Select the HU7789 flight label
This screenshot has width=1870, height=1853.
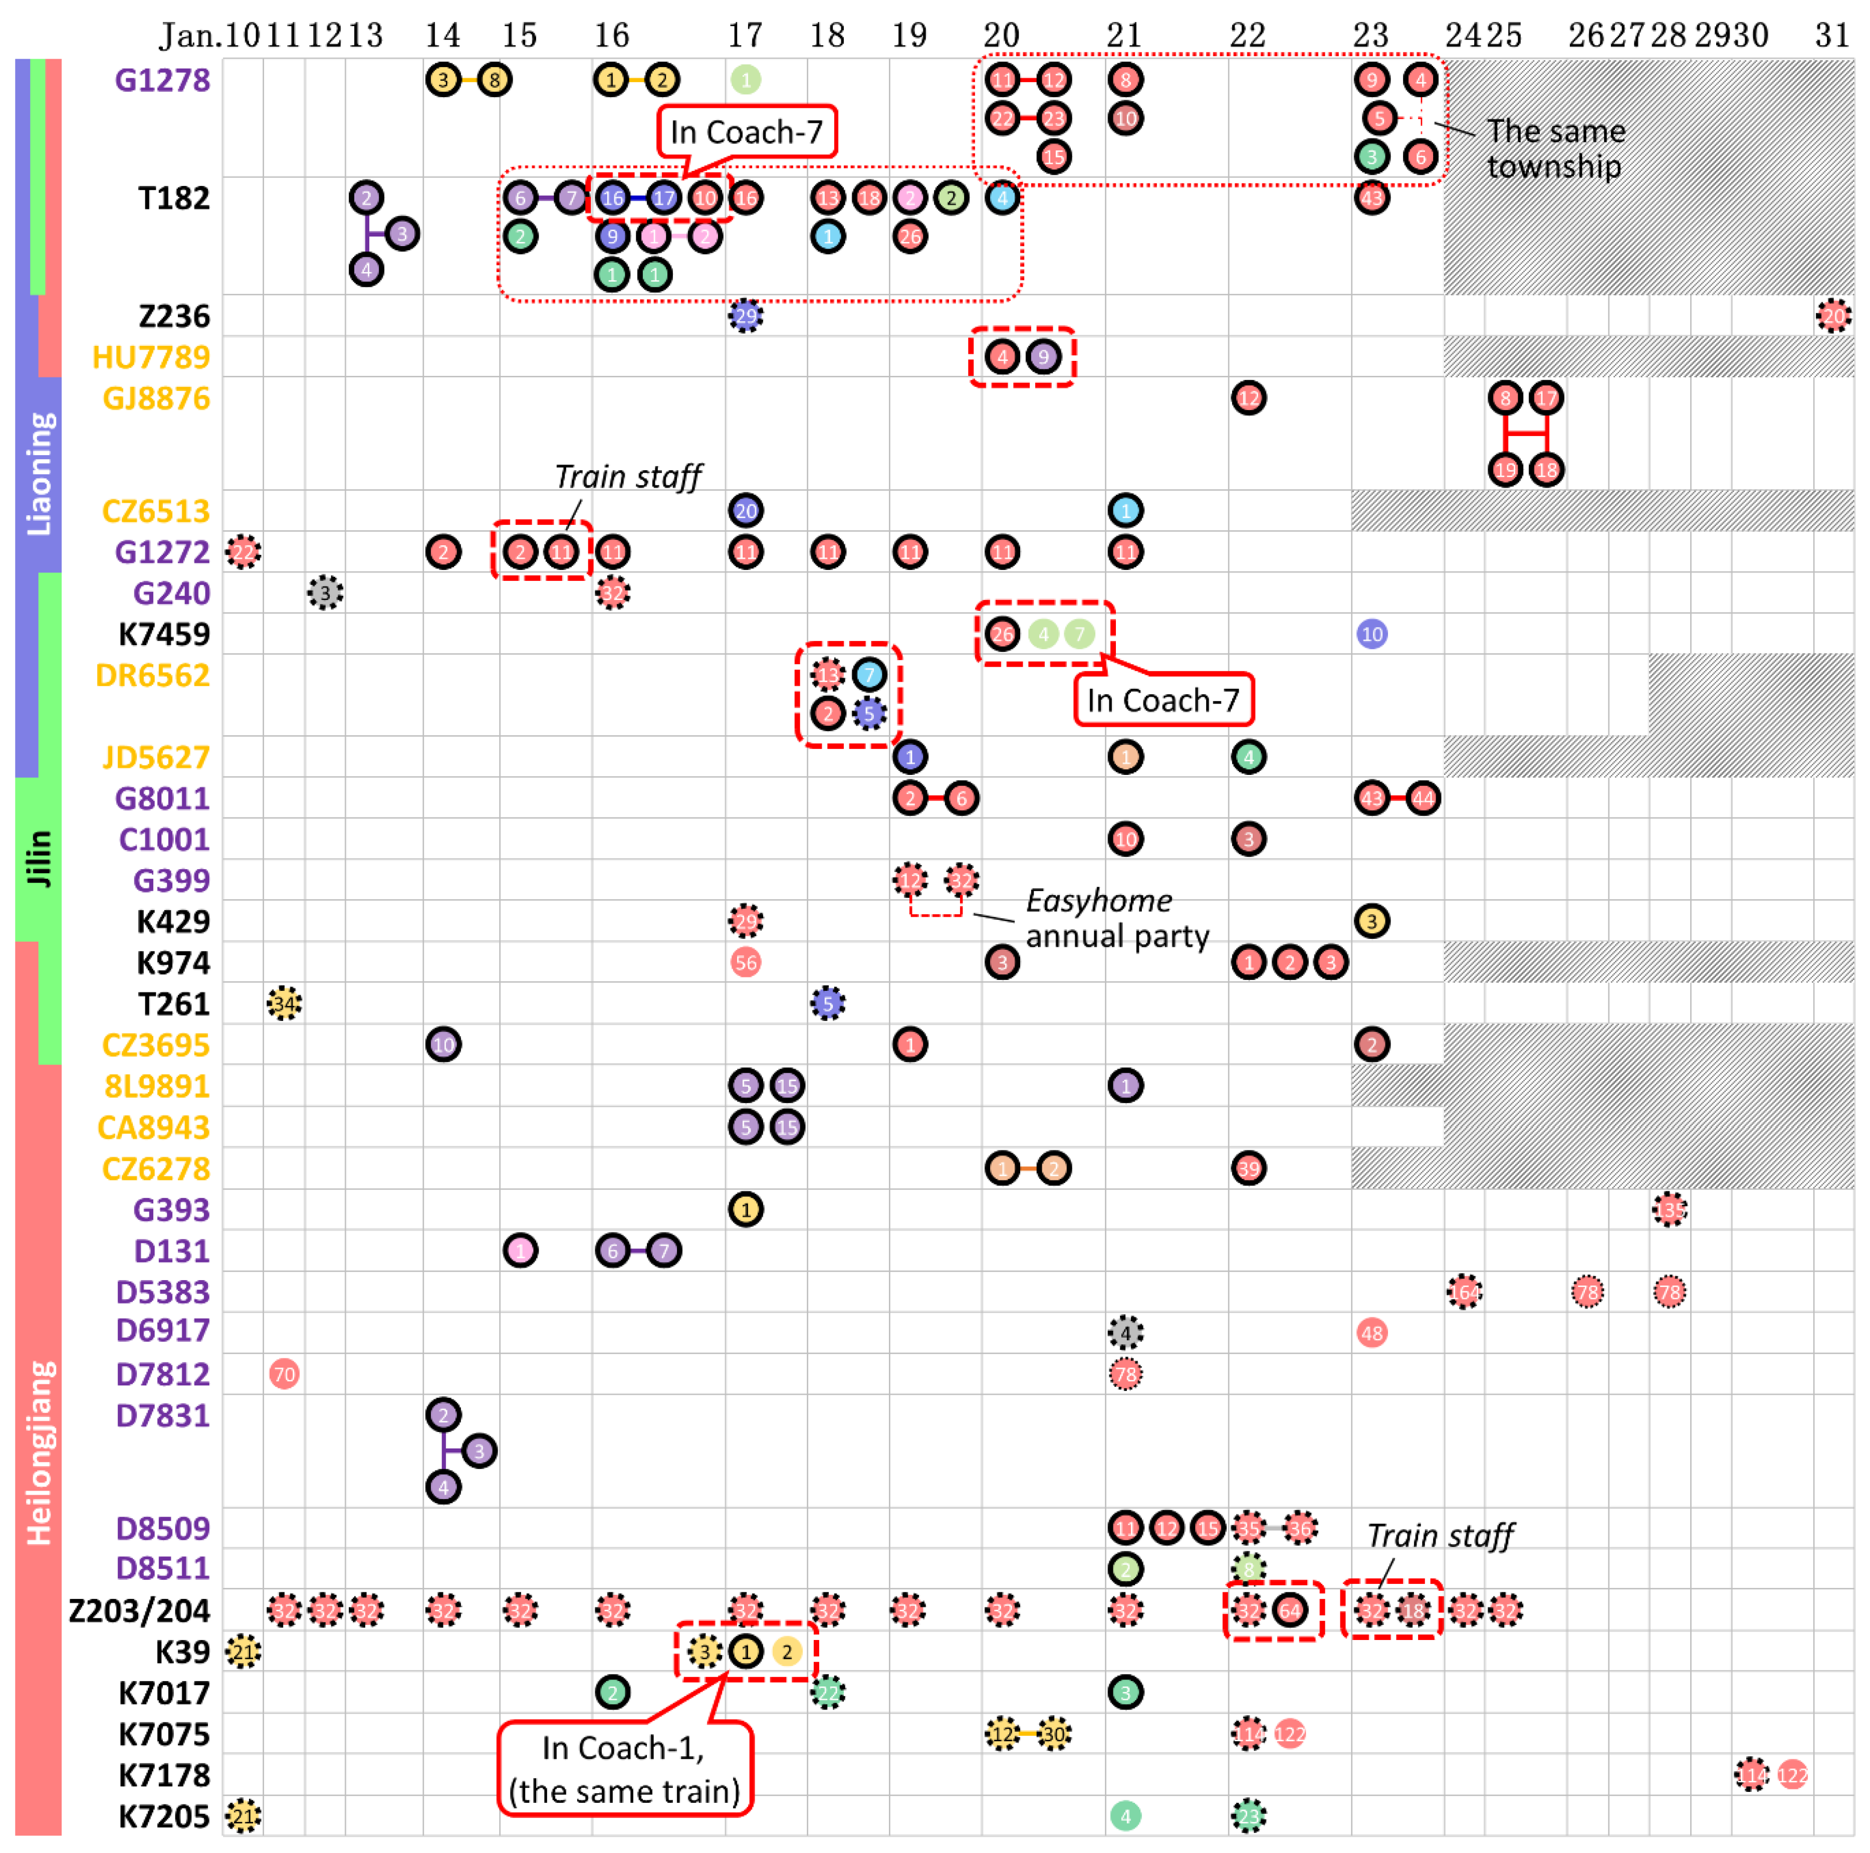pyautogui.click(x=151, y=357)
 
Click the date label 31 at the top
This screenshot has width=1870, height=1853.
pyautogui.click(x=1832, y=35)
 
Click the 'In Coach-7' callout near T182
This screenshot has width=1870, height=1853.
pyautogui.click(x=746, y=132)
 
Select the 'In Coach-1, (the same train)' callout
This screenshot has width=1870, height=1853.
pyautogui.click(x=624, y=1769)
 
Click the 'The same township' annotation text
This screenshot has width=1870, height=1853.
pyautogui.click(x=1555, y=148)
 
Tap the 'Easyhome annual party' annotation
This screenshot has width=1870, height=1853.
pyautogui.click(x=1116, y=918)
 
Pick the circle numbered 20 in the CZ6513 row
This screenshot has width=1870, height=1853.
pyautogui.click(x=745, y=510)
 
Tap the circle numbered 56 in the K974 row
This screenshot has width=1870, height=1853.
pyautogui.click(x=745, y=962)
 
